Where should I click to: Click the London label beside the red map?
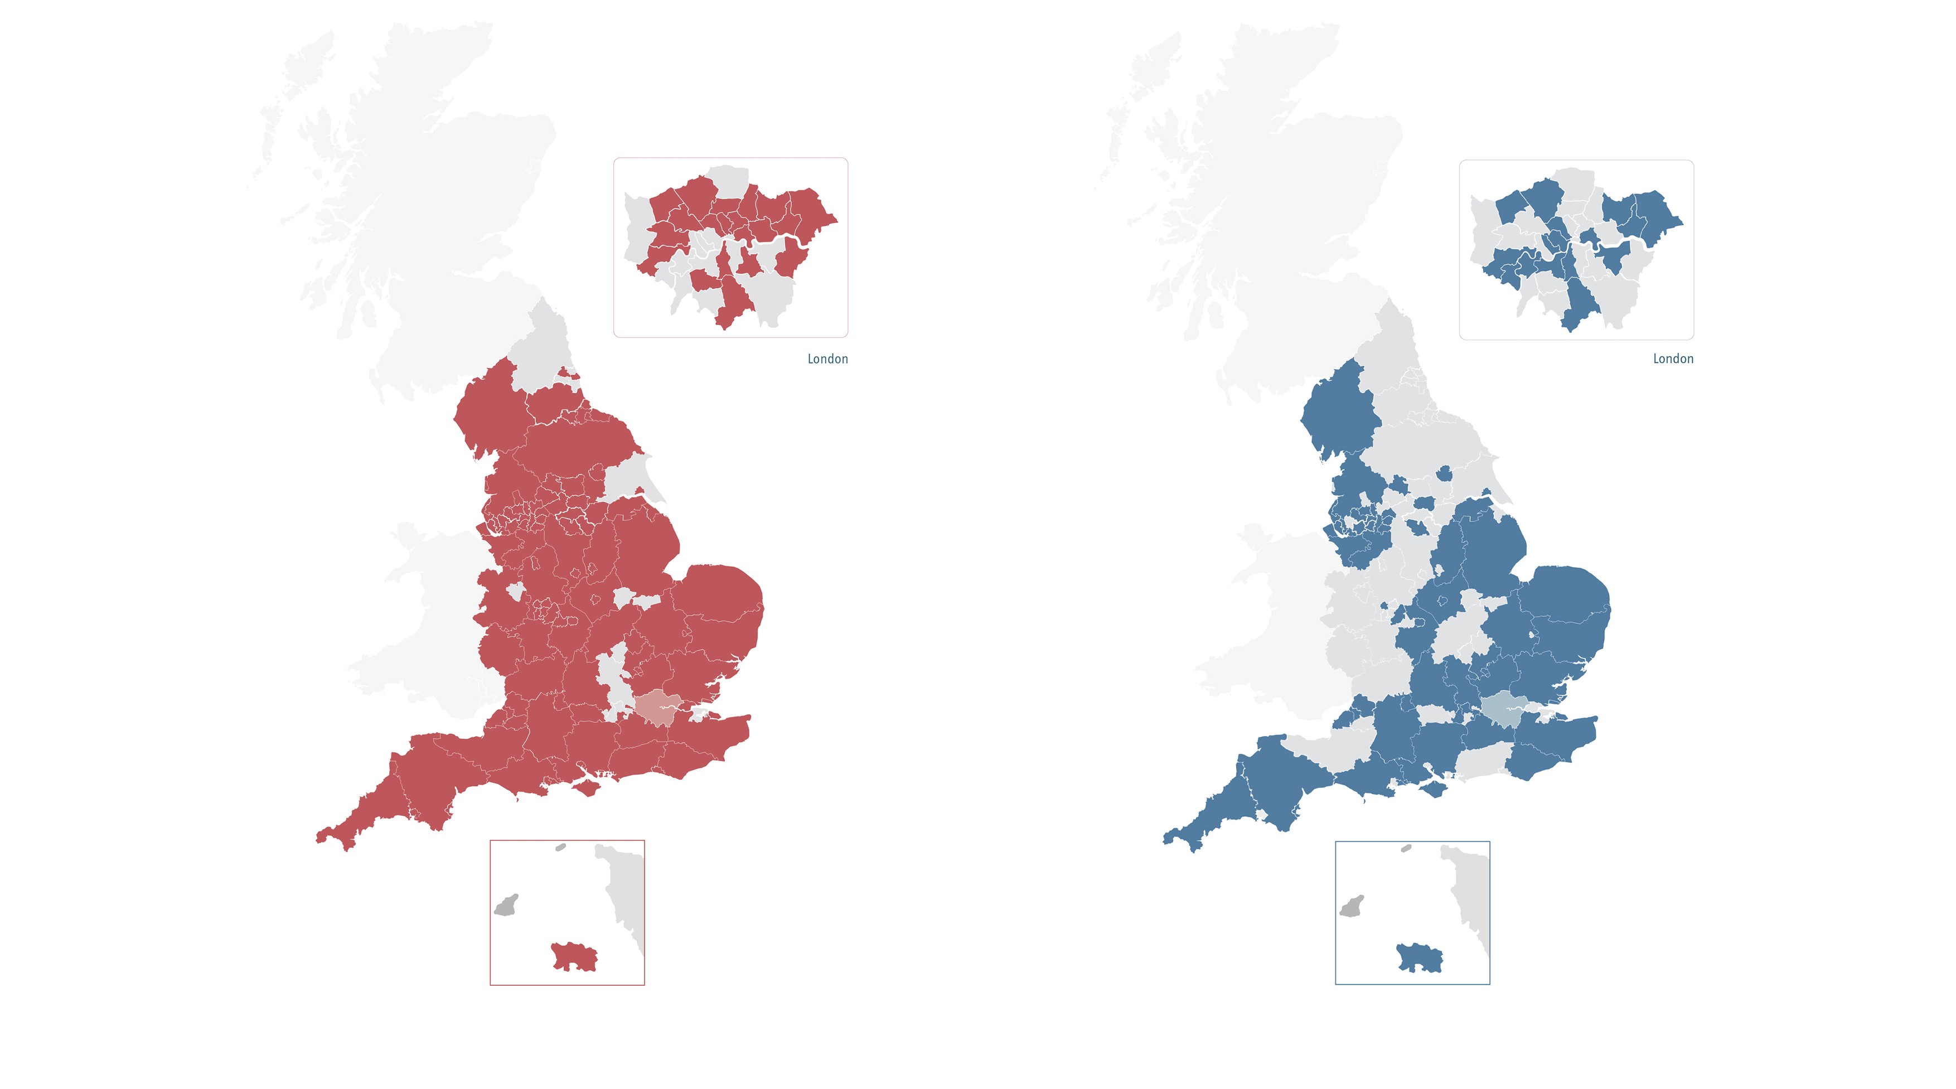(x=827, y=359)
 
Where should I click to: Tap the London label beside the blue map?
(x=1673, y=359)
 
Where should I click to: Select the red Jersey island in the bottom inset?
(x=575, y=957)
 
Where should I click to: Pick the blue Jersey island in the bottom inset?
(x=1419, y=957)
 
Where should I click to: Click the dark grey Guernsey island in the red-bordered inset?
(x=506, y=905)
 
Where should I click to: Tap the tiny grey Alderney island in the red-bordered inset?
(x=560, y=847)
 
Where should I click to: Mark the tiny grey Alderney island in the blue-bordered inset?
(x=1406, y=848)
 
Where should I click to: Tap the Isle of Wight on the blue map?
(x=1432, y=789)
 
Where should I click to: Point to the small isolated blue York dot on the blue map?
(x=1444, y=475)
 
